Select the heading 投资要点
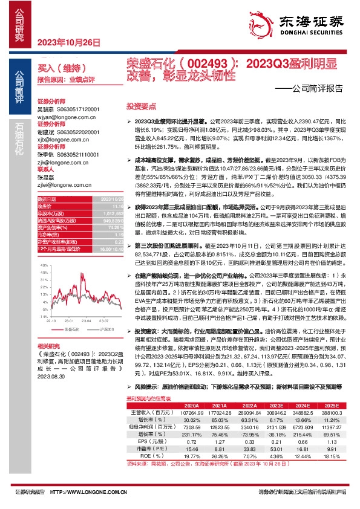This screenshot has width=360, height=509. [x=141, y=105]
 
